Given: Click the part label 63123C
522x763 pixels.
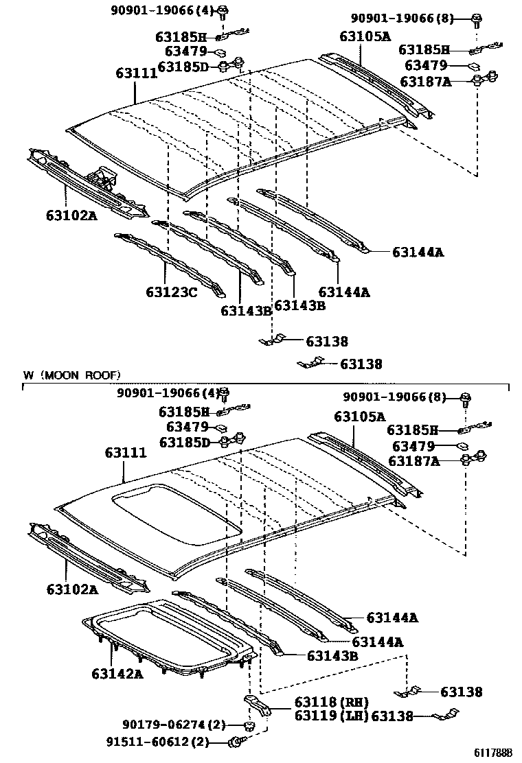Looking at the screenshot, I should (171, 292).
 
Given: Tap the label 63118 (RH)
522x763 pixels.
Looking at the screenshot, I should (331, 702).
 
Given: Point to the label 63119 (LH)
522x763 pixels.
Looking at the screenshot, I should (331, 716).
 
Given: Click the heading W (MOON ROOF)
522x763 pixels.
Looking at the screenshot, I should (71, 375).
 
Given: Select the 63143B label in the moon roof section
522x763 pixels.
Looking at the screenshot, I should (332, 656).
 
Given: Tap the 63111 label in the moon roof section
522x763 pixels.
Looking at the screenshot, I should (126, 454).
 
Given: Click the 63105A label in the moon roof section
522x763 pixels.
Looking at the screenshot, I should (359, 416).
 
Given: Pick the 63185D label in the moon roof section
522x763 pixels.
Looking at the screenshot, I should (184, 443).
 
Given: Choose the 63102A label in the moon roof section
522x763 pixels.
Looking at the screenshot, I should (72, 589).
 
